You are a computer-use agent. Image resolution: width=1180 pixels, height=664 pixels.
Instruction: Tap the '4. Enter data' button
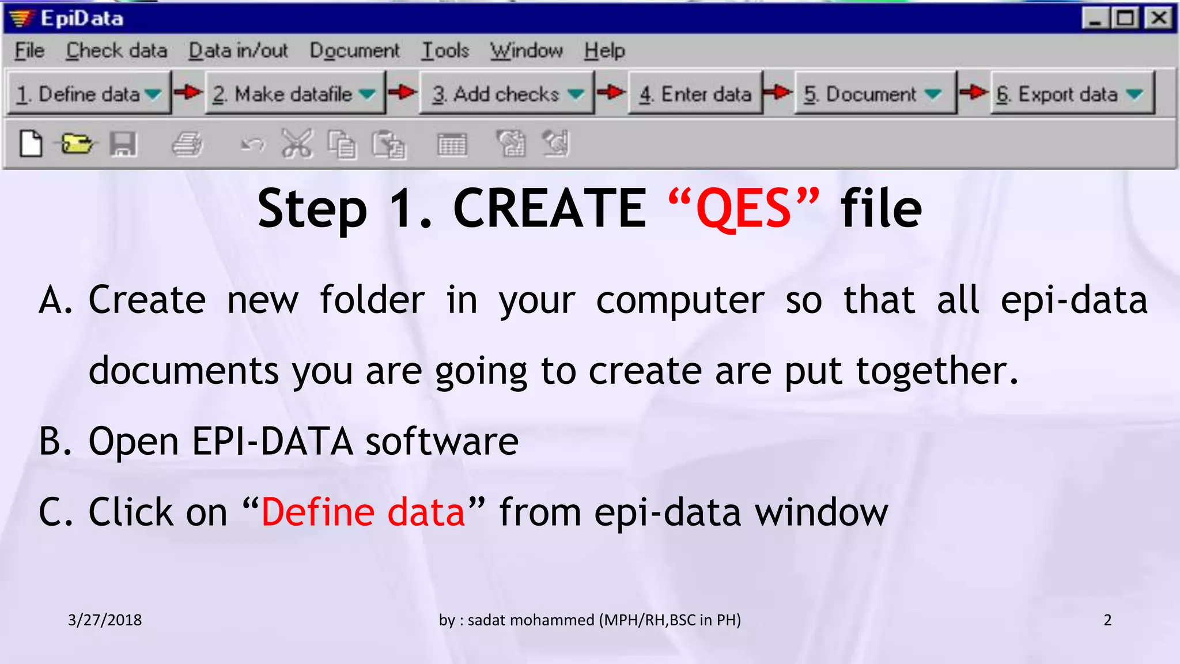click(x=695, y=93)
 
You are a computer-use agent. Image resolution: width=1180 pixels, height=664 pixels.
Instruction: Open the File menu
click(x=29, y=51)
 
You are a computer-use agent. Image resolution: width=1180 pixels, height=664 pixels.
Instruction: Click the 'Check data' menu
click(x=116, y=51)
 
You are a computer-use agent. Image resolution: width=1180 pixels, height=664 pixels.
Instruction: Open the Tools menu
click(x=445, y=51)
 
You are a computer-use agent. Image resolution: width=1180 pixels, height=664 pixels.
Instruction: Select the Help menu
click(x=604, y=51)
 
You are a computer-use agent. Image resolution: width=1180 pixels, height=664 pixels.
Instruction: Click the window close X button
click(x=1159, y=18)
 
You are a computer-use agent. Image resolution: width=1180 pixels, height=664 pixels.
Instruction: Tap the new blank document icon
click(x=31, y=144)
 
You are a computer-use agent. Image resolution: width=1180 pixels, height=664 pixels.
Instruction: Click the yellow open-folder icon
click(x=77, y=144)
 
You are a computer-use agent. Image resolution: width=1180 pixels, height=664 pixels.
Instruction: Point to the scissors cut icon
click(x=297, y=144)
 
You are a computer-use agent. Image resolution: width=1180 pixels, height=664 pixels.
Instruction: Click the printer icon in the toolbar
click(x=187, y=144)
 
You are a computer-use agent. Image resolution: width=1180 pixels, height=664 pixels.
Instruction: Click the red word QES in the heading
click(x=743, y=209)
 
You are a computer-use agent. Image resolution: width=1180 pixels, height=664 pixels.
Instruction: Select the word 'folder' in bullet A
click(x=372, y=300)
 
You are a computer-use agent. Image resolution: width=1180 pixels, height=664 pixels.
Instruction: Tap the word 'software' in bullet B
click(x=442, y=442)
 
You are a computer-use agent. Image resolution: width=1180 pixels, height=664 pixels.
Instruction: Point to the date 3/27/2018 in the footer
click(x=105, y=620)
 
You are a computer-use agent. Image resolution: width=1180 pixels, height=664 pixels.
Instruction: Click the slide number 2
click(x=1107, y=620)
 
